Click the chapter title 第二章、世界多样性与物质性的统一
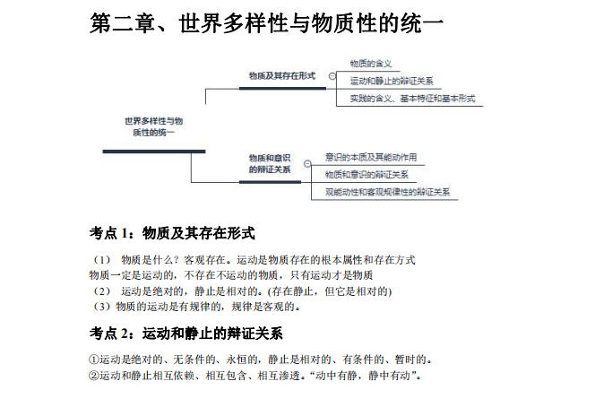pos(266,23)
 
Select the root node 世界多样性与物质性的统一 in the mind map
pos(154,126)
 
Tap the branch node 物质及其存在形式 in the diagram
pos(282,76)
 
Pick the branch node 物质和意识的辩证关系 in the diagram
pos(270,163)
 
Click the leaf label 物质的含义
pos(371,64)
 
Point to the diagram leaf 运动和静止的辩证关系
pos(392,81)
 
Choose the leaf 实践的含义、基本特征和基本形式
pos(412,99)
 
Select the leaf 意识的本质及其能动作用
pos(371,157)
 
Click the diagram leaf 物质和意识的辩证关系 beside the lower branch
pos(366,174)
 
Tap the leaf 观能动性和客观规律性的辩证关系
pos(387,192)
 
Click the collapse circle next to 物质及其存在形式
pos(332,76)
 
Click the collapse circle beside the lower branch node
pos(307,163)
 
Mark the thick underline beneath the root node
pos(154,152)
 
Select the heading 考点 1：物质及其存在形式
pos(172,233)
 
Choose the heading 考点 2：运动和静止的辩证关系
pos(186,334)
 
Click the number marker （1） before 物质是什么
pos(101,260)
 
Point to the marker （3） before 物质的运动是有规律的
pos(101,307)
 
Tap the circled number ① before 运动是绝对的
pos(94,360)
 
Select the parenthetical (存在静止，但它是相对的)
pos(330,291)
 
